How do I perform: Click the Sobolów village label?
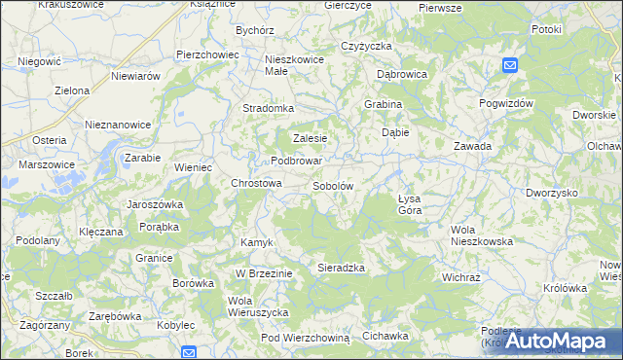point(332,185)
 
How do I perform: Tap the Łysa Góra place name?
point(409,203)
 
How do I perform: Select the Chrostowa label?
point(256,182)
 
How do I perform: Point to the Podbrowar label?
point(297,161)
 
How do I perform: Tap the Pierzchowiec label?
point(207,54)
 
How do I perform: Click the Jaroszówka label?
point(156,204)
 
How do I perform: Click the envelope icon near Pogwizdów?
point(510,65)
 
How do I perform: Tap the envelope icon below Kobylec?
point(189,352)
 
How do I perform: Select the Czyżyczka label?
point(366,46)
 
